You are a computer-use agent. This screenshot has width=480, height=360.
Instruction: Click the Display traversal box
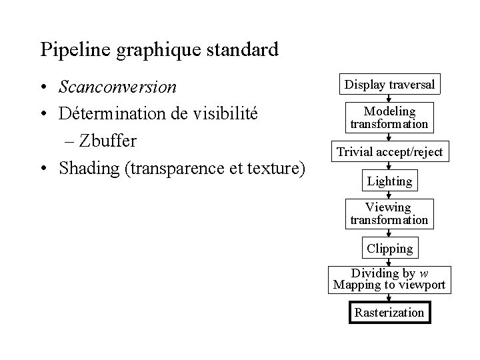389,85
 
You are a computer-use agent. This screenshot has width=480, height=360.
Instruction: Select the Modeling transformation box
389,117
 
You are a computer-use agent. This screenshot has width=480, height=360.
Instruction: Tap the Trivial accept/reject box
389,152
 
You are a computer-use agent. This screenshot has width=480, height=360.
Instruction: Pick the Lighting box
389,181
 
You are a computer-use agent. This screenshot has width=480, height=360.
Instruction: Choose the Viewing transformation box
389,213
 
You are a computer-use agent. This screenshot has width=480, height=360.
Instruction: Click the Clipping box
389,249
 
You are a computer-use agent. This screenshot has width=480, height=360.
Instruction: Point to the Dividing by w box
389,280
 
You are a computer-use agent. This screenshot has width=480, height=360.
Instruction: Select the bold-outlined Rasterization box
389,312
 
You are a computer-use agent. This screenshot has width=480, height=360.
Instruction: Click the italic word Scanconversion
117,87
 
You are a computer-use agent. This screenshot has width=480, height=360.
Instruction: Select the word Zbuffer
106,141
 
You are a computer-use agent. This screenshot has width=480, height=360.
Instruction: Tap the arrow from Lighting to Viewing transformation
389,195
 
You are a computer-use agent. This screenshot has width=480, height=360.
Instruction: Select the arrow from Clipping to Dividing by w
389,262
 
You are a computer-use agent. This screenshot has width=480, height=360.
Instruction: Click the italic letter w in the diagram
423,274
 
